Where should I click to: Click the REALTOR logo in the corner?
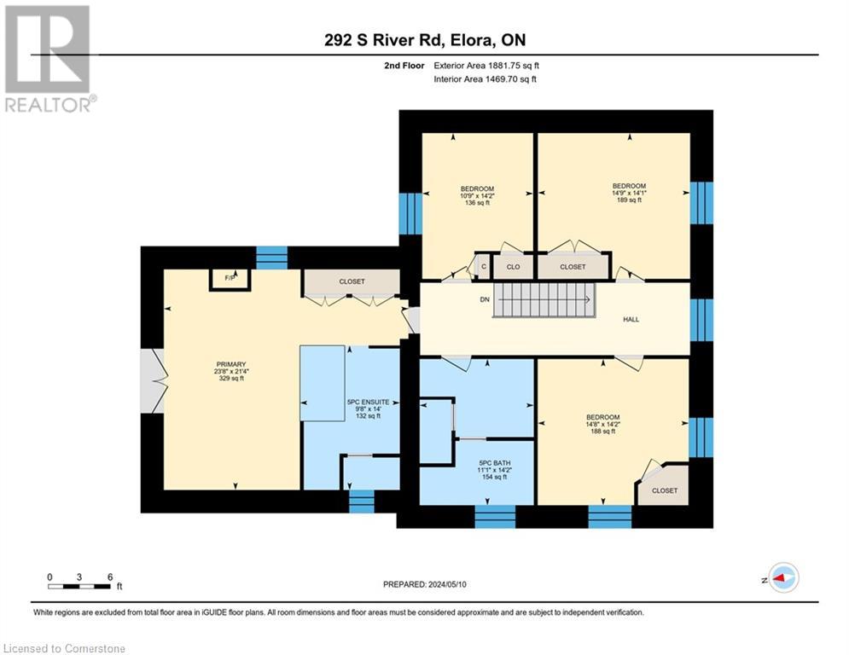[48, 59]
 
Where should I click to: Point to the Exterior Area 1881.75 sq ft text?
[486, 66]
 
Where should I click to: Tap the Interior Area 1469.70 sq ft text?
[486, 79]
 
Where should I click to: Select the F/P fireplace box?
[230, 279]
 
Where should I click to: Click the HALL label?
[631, 319]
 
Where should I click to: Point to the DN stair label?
[485, 299]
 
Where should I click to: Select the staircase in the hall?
[544, 300]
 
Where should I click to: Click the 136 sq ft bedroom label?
[477, 195]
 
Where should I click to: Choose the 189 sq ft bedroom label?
[629, 193]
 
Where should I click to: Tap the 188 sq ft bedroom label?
[602, 424]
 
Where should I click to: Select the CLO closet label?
[514, 267]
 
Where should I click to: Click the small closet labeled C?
[484, 267]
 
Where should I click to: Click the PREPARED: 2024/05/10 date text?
[425, 584]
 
